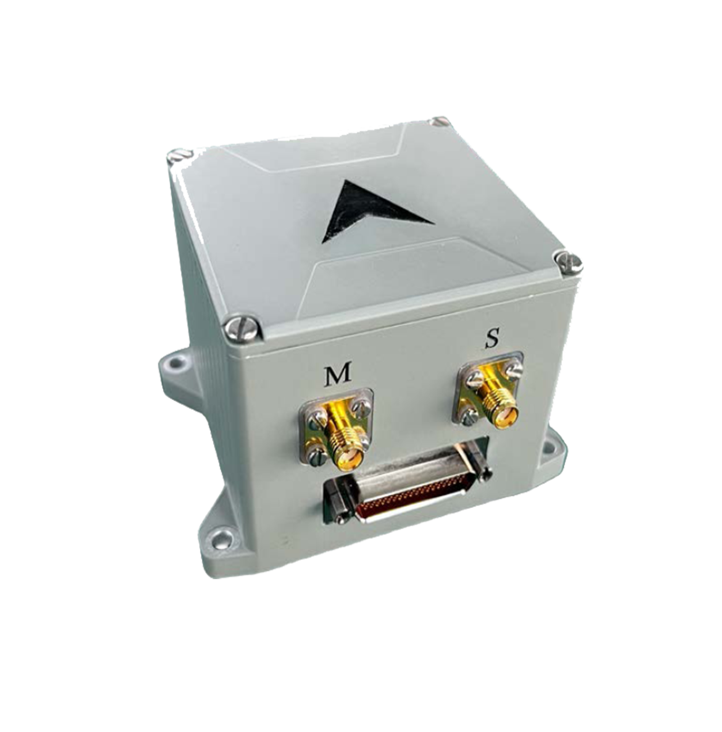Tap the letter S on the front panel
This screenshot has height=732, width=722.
coord(492,338)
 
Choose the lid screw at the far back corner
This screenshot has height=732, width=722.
coord(438,121)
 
